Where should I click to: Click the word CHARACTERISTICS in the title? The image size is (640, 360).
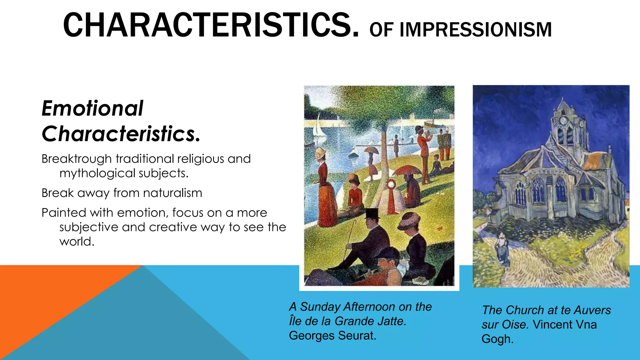point(211,25)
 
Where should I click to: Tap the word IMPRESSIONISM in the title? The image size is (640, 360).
point(476,30)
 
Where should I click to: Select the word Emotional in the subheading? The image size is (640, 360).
point(92,108)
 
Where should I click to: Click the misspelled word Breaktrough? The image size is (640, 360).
point(77,159)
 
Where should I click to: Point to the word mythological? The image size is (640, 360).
point(97,173)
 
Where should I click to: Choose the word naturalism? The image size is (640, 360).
point(172,193)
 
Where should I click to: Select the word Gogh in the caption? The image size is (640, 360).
point(497,339)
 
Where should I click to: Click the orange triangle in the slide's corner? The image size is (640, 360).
point(47,297)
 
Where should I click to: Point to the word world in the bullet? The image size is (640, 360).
point(77,242)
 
